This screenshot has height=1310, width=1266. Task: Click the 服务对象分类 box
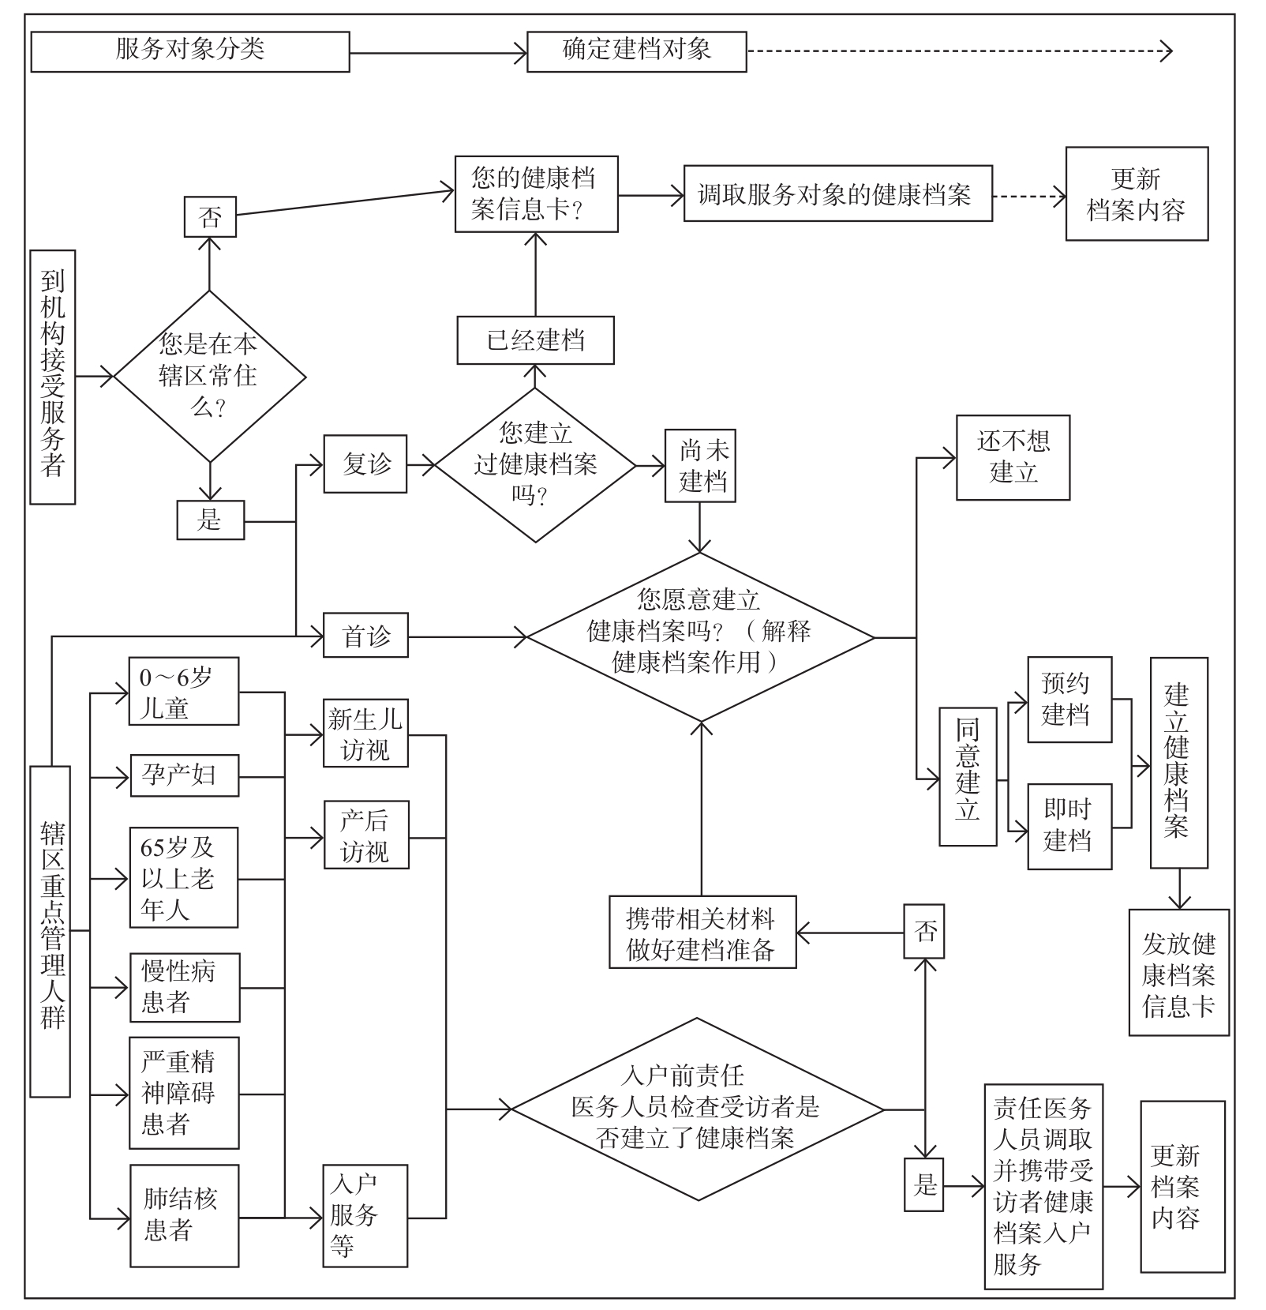(x=190, y=51)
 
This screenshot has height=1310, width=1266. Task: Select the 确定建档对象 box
(x=636, y=51)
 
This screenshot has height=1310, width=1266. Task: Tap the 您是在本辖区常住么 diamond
(x=209, y=376)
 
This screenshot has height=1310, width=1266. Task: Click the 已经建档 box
(x=535, y=340)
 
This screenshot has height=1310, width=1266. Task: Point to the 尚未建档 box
(x=700, y=465)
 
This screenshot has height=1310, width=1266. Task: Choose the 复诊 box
(x=365, y=464)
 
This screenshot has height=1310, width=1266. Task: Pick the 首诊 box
(x=365, y=636)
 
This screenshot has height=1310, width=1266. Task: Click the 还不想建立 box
(x=1013, y=457)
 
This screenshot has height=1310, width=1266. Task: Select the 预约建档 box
(x=1069, y=699)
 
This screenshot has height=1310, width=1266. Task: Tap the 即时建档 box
(x=1069, y=826)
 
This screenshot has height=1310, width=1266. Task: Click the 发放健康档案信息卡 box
(x=1178, y=972)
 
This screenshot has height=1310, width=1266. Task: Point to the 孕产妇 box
(x=184, y=775)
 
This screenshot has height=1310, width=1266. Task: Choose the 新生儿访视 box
(x=365, y=733)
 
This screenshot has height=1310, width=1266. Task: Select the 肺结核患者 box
(x=184, y=1215)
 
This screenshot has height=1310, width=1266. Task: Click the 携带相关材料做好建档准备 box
(x=702, y=932)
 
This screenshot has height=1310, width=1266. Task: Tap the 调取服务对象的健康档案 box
(x=837, y=193)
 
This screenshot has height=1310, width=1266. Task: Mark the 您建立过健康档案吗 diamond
(x=535, y=464)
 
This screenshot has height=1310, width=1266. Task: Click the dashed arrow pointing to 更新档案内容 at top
(x=1028, y=196)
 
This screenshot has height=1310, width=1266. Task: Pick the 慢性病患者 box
(x=184, y=987)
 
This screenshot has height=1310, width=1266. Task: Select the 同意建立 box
(x=968, y=776)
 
